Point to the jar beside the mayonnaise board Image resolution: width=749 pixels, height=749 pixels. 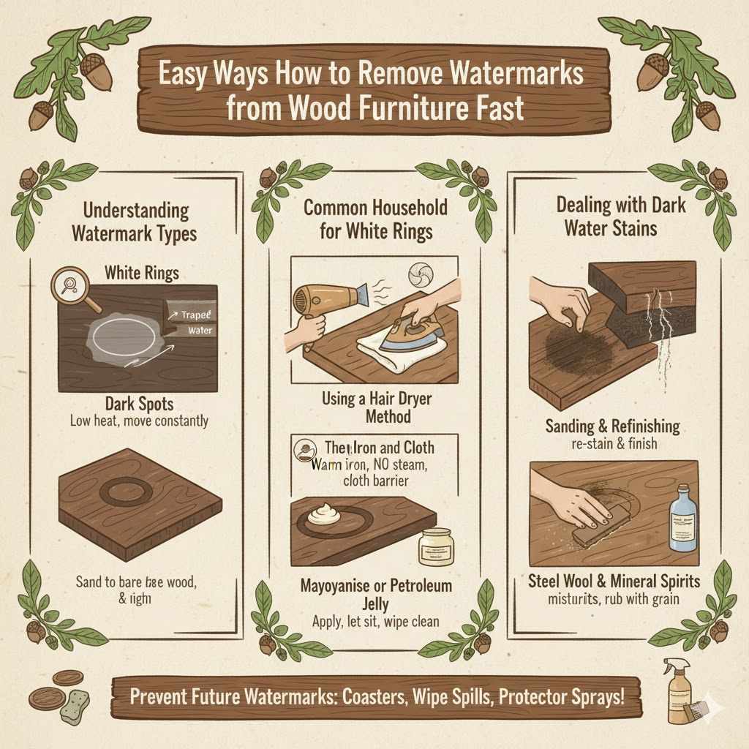coord(436,546)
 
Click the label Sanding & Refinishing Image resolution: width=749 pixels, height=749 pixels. coord(612,426)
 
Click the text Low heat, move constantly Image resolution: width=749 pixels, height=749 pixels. coord(139,421)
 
